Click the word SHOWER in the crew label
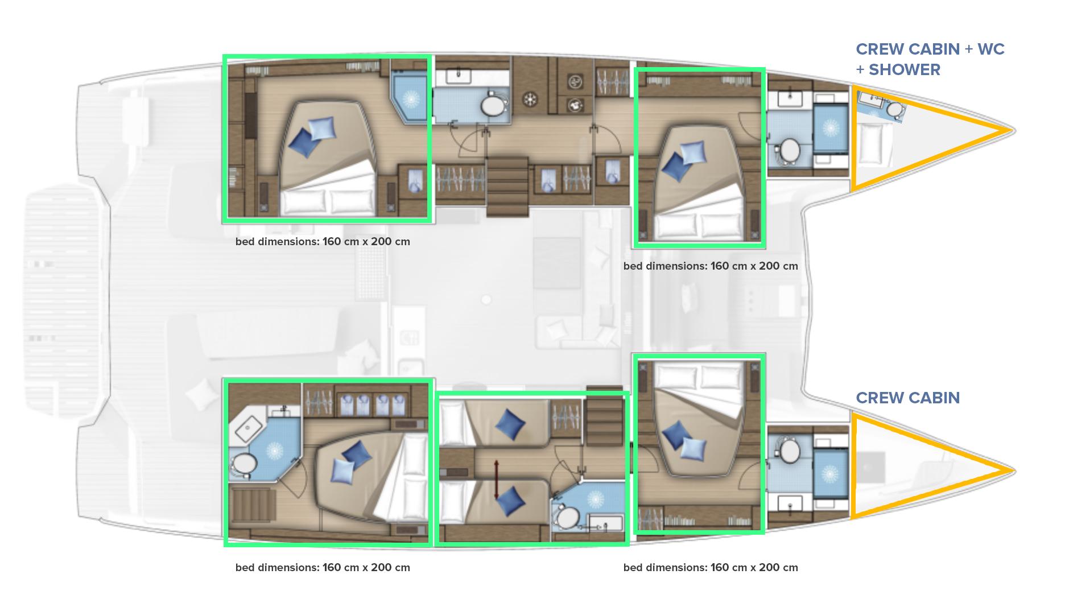(905, 70)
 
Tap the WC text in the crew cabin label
(991, 49)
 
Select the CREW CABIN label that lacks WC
(908, 398)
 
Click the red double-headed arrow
(497, 480)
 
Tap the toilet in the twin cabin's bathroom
(566, 518)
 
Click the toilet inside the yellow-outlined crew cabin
(895, 109)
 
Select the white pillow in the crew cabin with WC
(870, 144)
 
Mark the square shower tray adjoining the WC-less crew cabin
(831, 473)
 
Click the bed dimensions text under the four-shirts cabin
(323, 567)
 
